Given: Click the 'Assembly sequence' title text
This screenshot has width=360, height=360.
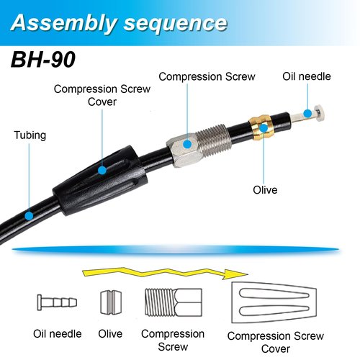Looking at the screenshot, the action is tap(119, 23).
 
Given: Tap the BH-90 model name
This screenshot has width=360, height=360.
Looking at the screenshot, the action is tap(43, 60).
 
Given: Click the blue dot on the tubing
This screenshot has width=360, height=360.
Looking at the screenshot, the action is tap(30, 216).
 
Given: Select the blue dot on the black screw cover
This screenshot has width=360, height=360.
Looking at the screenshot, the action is tap(102, 171).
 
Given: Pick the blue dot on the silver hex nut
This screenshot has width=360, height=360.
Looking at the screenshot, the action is tap(187, 144).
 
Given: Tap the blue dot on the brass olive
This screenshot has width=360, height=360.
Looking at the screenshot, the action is tap(264, 128).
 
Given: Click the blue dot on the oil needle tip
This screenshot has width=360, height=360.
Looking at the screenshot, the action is tap(307, 113).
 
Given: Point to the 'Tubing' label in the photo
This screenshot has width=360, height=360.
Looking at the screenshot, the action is tap(30, 135).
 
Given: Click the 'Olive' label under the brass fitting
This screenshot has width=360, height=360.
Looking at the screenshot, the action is tap(265, 190).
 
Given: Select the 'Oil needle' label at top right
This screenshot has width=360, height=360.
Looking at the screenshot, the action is tap(307, 76).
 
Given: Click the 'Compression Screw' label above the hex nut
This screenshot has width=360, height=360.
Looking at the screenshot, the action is tap(207, 77).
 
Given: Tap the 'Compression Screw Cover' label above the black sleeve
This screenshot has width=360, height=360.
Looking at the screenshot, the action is tap(102, 95).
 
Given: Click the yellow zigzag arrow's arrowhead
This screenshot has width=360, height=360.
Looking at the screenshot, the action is tap(235, 274).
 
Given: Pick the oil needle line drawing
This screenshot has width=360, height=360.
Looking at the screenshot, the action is tap(57, 302).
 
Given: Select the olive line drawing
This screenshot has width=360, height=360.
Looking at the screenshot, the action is tap(111, 302).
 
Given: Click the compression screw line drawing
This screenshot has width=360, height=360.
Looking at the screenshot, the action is tap(174, 302).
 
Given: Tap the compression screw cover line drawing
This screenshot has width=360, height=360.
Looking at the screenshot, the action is tap(274, 302).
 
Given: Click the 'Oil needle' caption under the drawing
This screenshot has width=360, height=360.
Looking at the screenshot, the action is tap(58, 334).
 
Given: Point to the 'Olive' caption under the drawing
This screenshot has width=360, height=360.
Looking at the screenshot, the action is tap(110, 334).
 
